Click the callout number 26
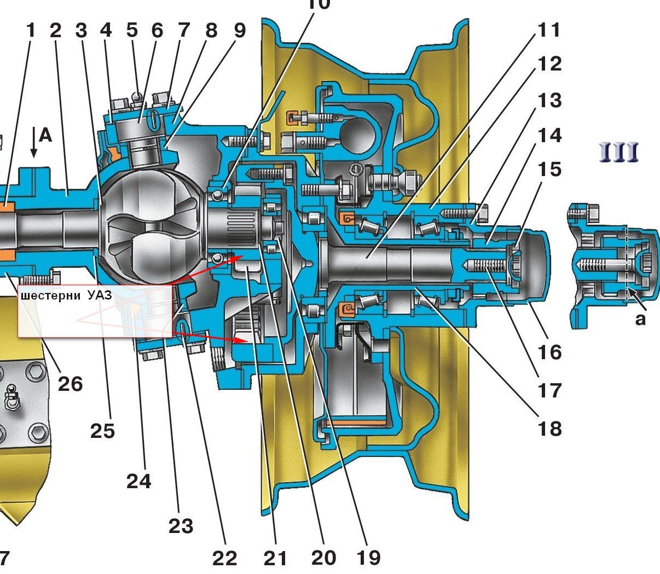click(70, 384)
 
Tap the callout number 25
click(102, 431)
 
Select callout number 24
click(138, 481)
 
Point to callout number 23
click(181, 526)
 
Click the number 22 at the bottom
click(224, 558)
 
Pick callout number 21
click(275, 558)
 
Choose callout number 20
click(323, 558)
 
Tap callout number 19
click(368, 558)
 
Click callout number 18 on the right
click(549, 429)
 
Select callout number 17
click(549, 390)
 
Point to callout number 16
click(549, 352)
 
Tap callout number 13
click(549, 101)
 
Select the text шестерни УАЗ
click(66, 296)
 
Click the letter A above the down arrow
click(45, 134)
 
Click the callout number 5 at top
click(132, 30)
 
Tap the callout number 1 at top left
click(30, 30)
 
